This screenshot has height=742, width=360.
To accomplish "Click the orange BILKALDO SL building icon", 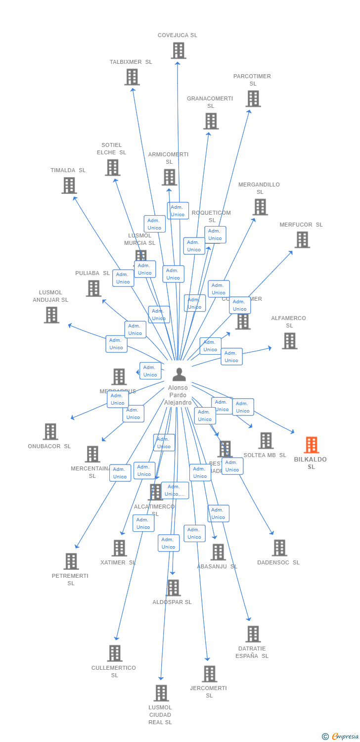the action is pyautogui.click(x=311, y=445).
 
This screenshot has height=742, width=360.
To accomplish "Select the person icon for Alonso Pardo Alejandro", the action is pyautogui.click(x=179, y=374).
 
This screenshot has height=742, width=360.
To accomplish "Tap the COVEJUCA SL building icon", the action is pyautogui.click(x=178, y=50).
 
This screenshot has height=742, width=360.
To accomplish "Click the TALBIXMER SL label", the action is pyautogui.click(x=131, y=62).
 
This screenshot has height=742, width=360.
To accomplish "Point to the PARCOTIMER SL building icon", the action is pyautogui.click(x=253, y=98).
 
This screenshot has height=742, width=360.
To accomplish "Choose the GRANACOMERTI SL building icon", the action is pyautogui.click(x=211, y=121).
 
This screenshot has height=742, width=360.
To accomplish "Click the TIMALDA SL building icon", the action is pyautogui.click(x=69, y=185).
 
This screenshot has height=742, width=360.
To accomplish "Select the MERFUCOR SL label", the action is pyautogui.click(x=301, y=225).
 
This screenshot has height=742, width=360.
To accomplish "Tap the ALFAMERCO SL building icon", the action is pyautogui.click(x=289, y=340).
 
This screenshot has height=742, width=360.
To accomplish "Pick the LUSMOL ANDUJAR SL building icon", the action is pyautogui.click(x=51, y=315).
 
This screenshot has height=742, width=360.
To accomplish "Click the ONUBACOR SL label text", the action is pyautogui.click(x=49, y=446).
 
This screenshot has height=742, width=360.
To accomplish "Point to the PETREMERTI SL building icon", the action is pyautogui.click(x=71, y=561).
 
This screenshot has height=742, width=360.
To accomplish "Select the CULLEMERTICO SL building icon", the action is pyautogui.click(x=115, y=653).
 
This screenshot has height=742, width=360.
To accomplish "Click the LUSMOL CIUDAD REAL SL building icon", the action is pyautogui.click(x=161, y=693).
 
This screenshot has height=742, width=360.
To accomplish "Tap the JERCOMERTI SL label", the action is pyautogui.click(x=209, y=692).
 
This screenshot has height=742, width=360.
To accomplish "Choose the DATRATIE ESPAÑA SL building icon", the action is pyautogui.click(x=253, y=634).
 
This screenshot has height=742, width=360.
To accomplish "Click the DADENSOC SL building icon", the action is pyautogui.click(x=279, y=548).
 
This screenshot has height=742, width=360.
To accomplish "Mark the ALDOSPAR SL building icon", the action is pyautogui.click(x=173, y=588).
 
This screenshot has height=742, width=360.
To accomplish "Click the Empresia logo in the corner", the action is pyautogui.click(x=341, y=737).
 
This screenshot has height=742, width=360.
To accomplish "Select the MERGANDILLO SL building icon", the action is pyautogui.click(x=260, y=207).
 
